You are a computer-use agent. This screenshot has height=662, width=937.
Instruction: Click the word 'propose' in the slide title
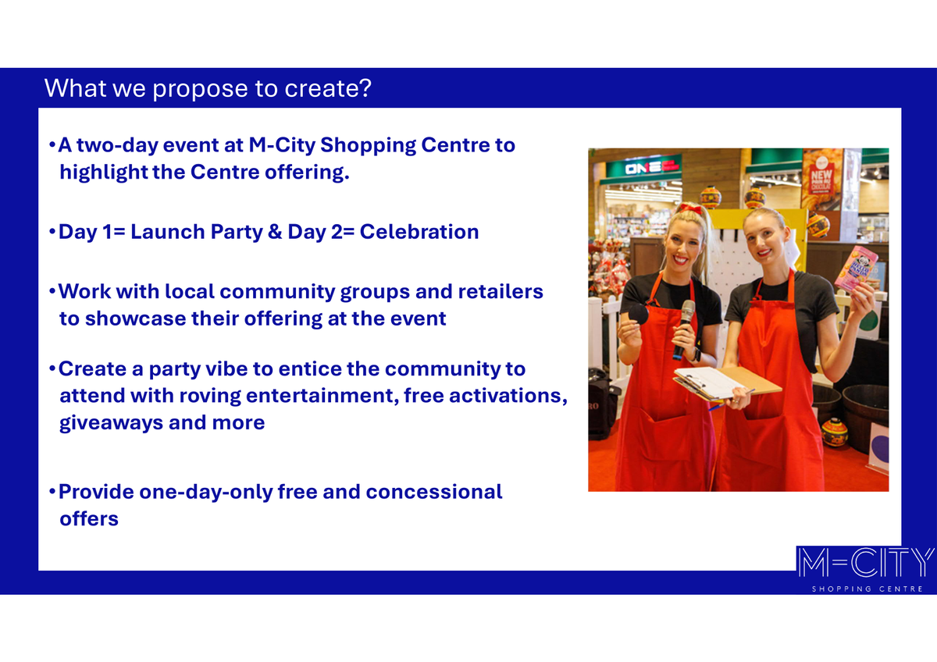pos(201,89)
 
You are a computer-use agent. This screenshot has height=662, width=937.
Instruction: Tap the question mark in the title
pos(365,87)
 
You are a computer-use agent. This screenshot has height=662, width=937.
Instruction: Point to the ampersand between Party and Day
pos(275,232)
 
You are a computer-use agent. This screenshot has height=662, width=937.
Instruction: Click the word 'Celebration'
pos(419,232)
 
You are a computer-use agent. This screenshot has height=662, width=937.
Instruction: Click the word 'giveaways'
pos(111,423)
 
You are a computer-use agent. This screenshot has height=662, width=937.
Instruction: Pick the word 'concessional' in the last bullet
pos(434,493)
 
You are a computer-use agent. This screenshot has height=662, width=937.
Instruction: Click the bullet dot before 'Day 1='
pos(52,232)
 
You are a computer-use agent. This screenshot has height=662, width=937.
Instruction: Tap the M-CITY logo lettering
pos(864,563)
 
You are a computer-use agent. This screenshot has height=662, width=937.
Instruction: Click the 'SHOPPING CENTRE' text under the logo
pos(868,589)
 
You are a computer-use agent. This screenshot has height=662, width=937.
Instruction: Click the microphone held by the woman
pos(683,329)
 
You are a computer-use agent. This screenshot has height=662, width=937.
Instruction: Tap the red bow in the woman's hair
pos(690,208)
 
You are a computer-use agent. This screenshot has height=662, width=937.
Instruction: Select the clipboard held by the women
pos(725,383)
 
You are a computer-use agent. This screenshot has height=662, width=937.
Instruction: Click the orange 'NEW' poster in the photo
pos(821,179)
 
